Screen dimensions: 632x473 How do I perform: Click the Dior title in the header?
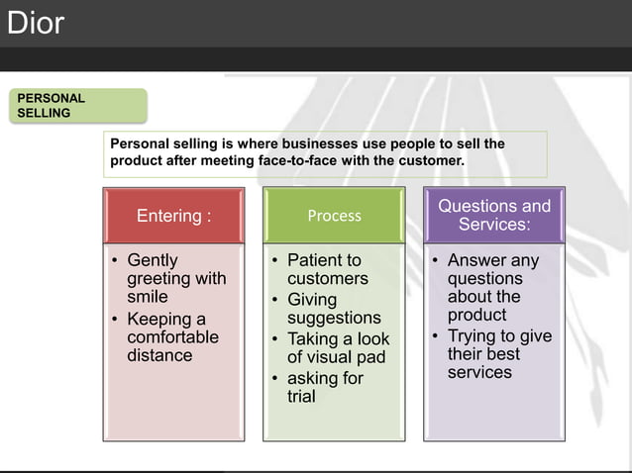click(36, 23)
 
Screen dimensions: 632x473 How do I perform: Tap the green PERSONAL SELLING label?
click(78, 106)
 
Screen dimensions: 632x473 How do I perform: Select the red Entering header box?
click(173, 216)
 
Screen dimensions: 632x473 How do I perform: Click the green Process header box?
click(334, 216)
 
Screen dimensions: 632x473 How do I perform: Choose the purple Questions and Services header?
click(494, 215)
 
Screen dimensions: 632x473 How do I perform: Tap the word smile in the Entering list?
click(148, 297)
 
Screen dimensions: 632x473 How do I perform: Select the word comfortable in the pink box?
click(173, 336)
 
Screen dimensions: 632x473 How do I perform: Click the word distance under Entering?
click(159, 355)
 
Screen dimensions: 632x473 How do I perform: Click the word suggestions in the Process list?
click(334, 319)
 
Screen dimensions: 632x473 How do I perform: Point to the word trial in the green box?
click(301, 397)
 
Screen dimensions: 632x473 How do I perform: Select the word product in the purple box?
click(476, 316)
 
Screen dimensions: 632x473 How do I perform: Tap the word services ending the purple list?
click(479, 372)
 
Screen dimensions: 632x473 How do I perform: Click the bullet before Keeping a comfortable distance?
click(115, 319)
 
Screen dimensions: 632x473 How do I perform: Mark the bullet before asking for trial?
click(274, 378)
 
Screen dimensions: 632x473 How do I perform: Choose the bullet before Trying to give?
click(435, 335)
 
